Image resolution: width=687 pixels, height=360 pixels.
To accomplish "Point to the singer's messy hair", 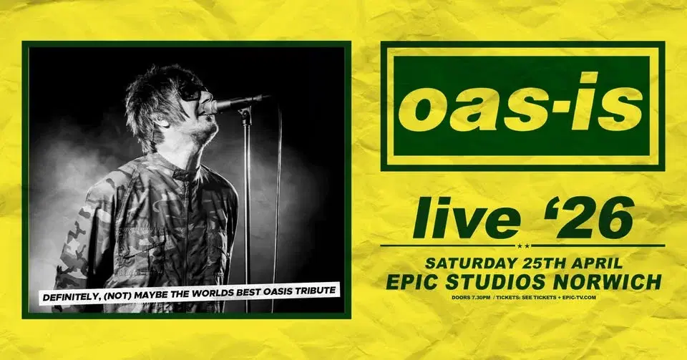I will coord(154,93).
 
